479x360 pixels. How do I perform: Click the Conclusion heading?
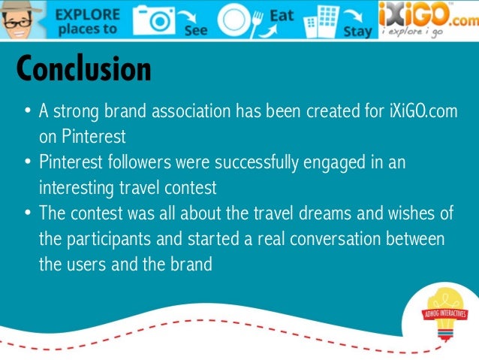click(x=83, y=70)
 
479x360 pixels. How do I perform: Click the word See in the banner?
click(x=195, y=32)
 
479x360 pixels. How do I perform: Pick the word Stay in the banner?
click(x=357, y=32)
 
